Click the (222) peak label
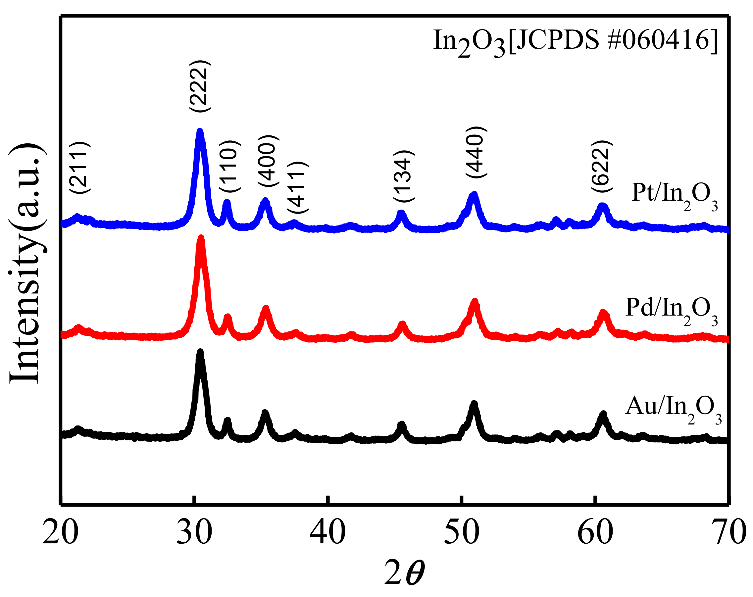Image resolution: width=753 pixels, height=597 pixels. pyautogui.click(x=200, y=86)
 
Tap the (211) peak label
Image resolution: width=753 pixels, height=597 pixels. pyautogui.click(x=79, y=168)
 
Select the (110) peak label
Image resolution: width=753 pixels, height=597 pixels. pyautogui.click(x=230, y=166)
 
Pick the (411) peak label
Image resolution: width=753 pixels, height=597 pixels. pyautogui.click(x=298, y=188)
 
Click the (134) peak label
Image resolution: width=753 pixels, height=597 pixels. pyautogui.click(x=404, y=176)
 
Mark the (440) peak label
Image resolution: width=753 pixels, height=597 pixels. pyautogui.click(x=476, y=152)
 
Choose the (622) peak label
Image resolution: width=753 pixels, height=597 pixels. pyautogui.click(x=602, y=166)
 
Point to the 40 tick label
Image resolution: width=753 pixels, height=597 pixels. pyautogui.click(x=327, y=533)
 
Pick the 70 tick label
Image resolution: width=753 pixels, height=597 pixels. pyautogui.click(x=733, y=533)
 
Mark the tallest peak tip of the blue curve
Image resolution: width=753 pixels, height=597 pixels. pyautogui.click(x=200, y=131)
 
